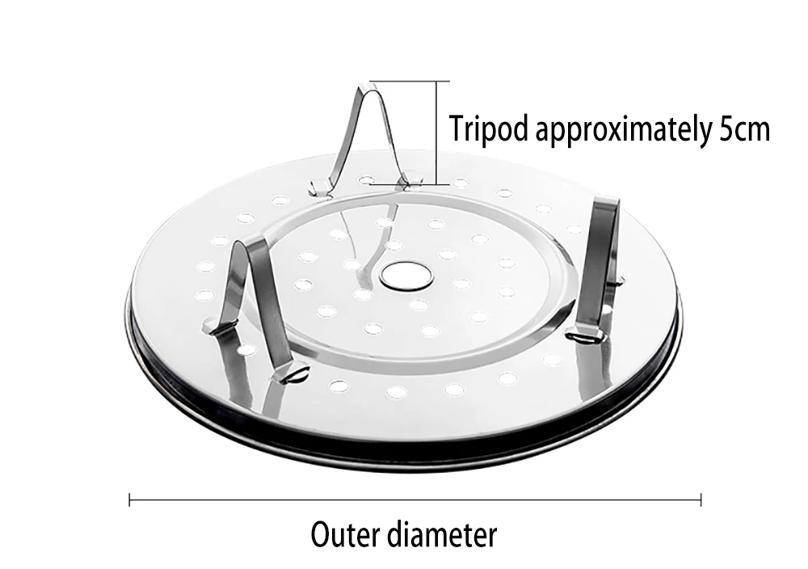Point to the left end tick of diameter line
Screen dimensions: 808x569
coord(130,500)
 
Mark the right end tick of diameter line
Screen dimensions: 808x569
coord(701,500)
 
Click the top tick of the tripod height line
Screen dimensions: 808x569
coord(438,81)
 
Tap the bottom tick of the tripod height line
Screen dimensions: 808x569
coord(438,185)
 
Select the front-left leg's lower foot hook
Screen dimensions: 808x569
coord(296,373)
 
